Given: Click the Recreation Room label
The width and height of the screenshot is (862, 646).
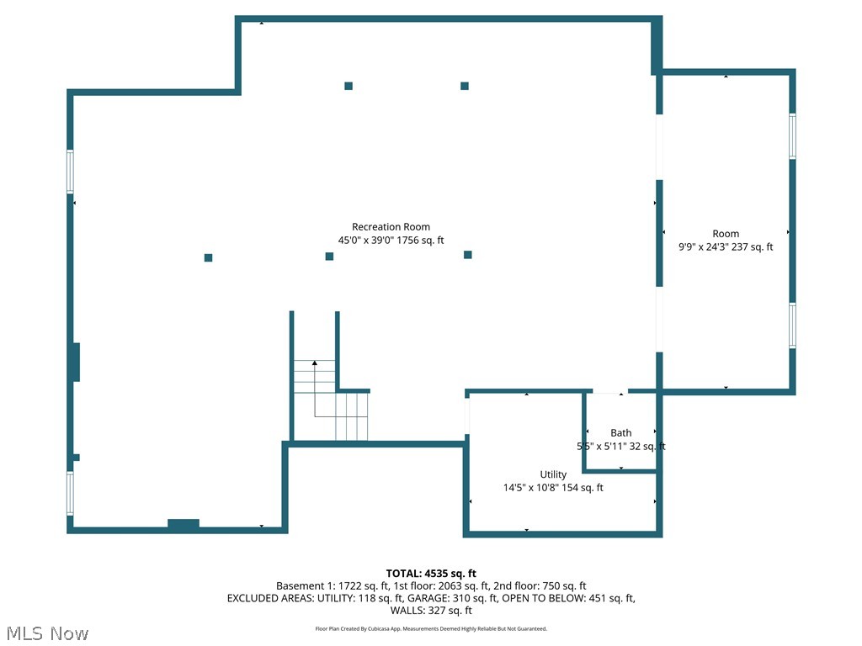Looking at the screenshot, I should pyautogui.click(x=391, y=226).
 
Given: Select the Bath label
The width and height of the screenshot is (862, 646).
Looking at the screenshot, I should pyautogui.click(x=621, y=433).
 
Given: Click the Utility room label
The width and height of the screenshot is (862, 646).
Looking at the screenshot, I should pyautogui.click(x=553, y=474).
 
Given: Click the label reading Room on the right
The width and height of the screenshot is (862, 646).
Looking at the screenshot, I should pyautogui.click(x=726, y=234).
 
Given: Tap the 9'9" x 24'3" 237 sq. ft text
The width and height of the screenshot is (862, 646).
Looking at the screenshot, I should pyautogui.click(x=726, y=247).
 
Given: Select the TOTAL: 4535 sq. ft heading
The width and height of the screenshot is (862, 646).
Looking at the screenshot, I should pyautogui.click(x=431, y=574).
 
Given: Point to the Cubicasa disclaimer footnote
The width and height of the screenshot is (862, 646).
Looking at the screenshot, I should pyautogui.click(x=431, y=628).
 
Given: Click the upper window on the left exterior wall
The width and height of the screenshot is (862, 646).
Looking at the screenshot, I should pyautogui.click(x=71, y=172).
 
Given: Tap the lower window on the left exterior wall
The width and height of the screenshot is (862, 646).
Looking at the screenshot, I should pyautogui.click(x=71, y=493).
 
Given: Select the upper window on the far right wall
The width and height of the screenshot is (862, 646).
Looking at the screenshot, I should pyautogui.click(x=792, y=136).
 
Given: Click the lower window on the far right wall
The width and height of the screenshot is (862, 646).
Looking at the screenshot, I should pyautogui.click(x=792, y=326).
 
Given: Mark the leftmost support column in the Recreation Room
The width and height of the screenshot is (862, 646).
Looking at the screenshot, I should pyautogui.click(x=208, y=257).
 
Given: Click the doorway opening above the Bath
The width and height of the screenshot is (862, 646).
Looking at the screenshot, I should pyautogui.click(x=609, y=391).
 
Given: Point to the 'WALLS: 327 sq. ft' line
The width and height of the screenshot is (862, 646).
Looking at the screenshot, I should pyautogui.click(x=431, y=611).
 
